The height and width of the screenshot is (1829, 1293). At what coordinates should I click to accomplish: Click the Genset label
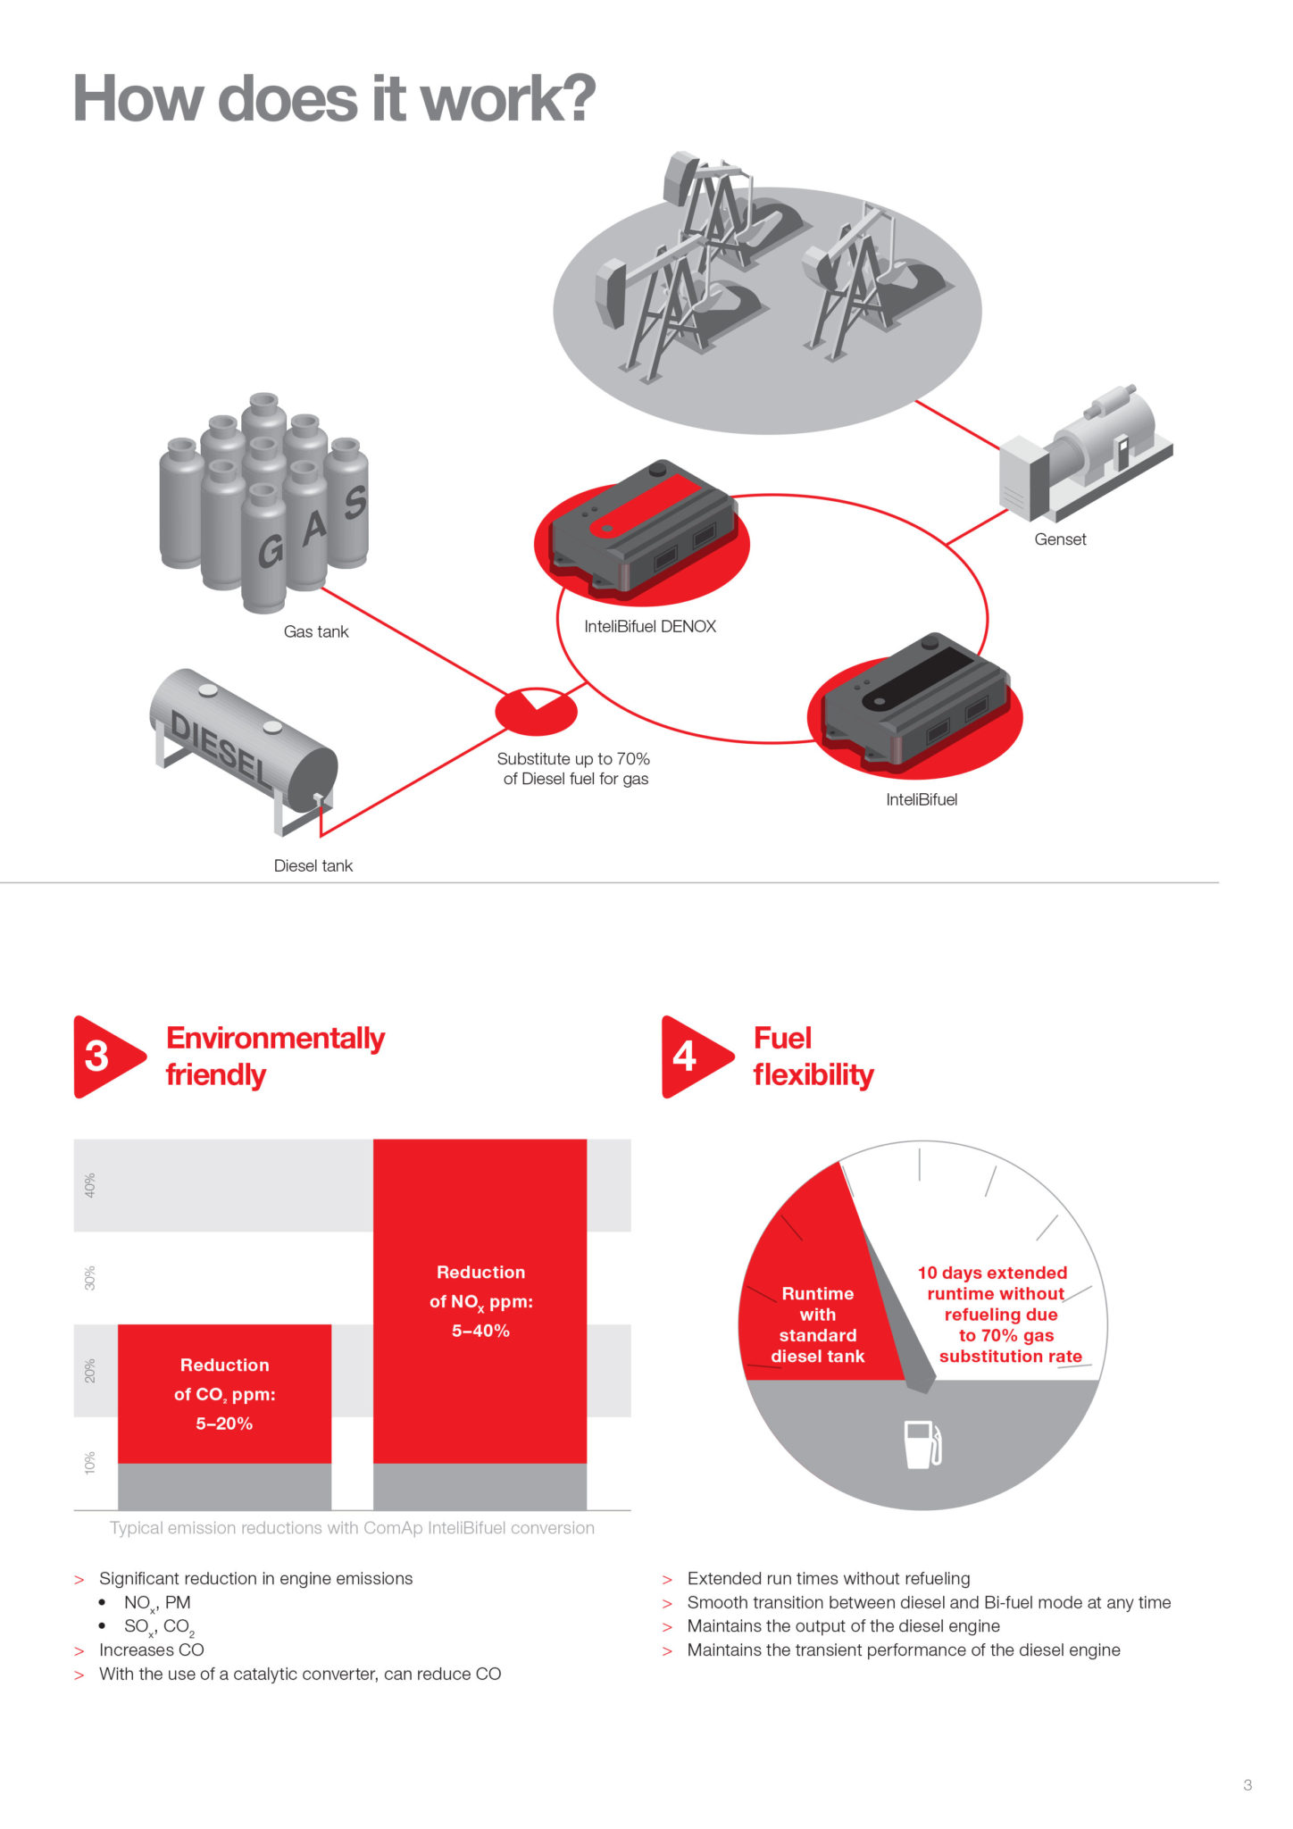[1060, 539]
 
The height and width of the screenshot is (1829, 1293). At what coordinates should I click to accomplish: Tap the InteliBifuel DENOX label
[650, 627]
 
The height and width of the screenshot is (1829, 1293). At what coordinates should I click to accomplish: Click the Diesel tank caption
[313, 865]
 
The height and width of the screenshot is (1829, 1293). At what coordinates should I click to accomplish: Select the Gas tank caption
[315, 631]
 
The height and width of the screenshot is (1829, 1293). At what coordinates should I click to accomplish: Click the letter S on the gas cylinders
[355, 502]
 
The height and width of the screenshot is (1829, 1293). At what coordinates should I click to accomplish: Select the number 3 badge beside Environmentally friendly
[98, 1056]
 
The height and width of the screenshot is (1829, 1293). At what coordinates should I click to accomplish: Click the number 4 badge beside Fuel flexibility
[686, 1056]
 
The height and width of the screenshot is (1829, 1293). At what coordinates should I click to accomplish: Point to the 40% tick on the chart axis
[89, 1185]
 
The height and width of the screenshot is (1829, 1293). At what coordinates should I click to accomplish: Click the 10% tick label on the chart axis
[89, 1463]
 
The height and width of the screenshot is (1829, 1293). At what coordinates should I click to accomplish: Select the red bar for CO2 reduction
[224, 1393]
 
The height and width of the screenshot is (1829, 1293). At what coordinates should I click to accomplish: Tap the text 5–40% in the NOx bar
[480, 1331]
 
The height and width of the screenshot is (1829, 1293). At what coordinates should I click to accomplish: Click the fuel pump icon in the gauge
[922, 1444]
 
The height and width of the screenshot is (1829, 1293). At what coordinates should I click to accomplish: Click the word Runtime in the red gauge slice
[817, 1293]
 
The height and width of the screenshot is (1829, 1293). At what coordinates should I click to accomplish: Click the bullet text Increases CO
[152, 1649]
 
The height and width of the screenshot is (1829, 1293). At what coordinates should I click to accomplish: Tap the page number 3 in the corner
[1247, 1785]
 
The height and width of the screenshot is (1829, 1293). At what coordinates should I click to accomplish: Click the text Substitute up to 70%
[573, 759]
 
